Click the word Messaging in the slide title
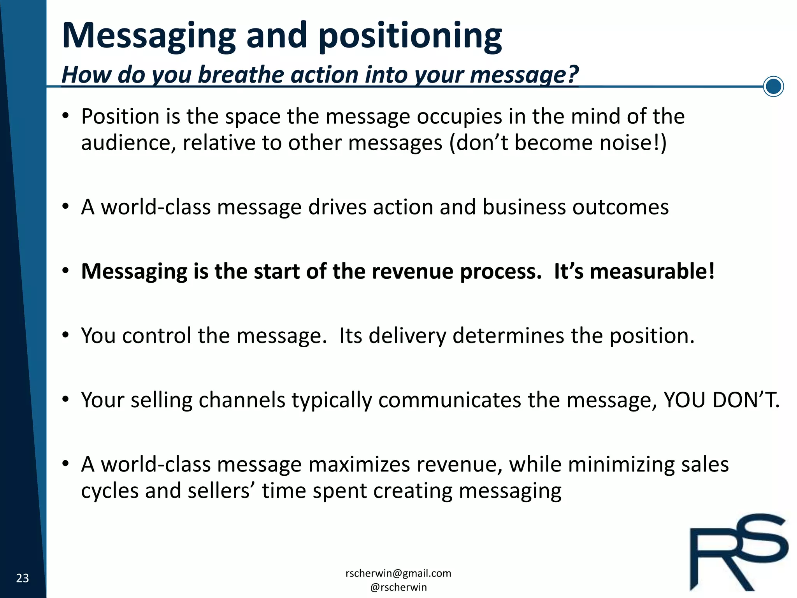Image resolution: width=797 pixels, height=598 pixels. tap(149, 36)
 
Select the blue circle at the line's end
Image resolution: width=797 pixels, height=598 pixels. tap(773, 86)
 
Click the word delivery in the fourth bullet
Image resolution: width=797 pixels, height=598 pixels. tap(407, 336)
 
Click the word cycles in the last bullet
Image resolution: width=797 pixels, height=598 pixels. tap(110, 491)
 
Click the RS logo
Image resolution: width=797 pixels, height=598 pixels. tap(738, 552)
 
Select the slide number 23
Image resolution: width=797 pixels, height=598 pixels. tap(23, 578)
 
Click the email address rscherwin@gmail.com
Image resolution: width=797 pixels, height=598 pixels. tap(398, 573)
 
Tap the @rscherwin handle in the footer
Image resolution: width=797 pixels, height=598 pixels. tap(398, 587)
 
